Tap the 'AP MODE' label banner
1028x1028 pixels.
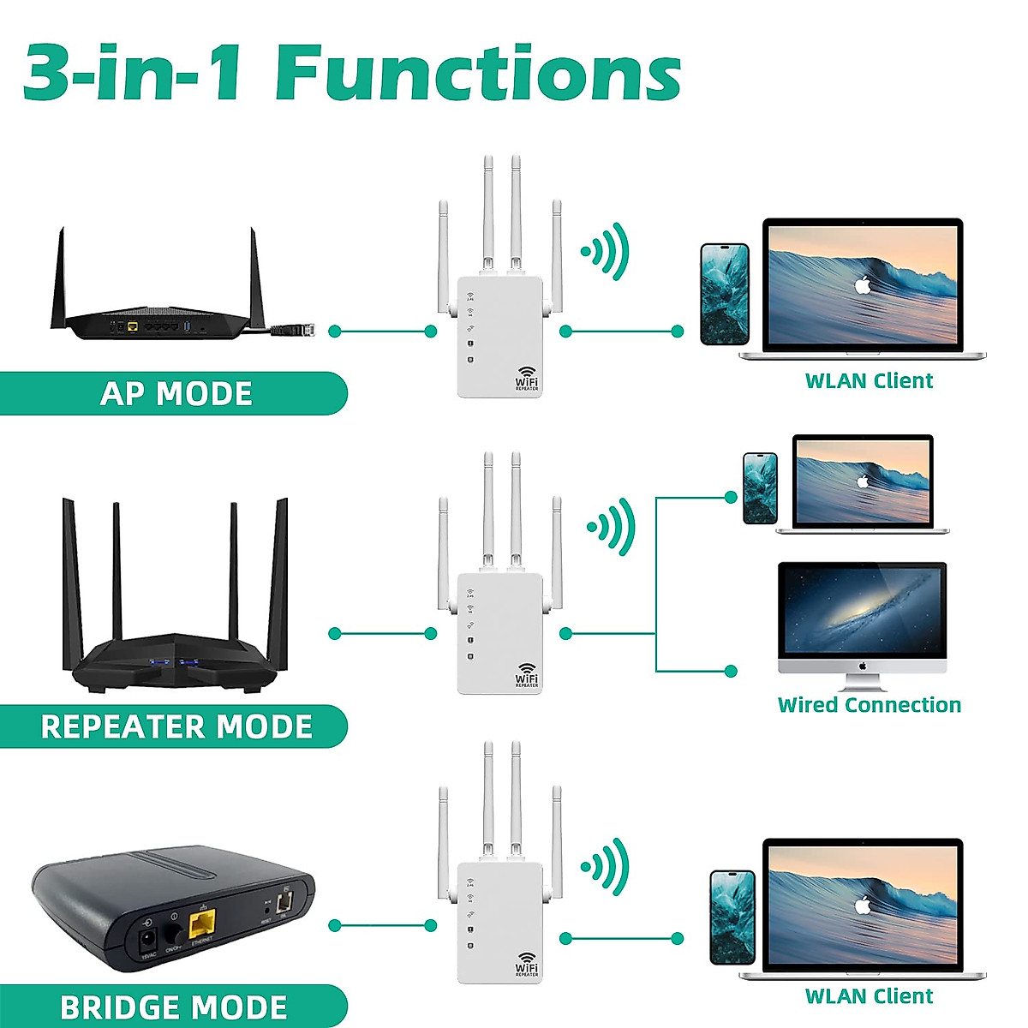176,393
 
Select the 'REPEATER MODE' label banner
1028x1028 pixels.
176,726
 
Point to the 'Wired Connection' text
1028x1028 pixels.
869,705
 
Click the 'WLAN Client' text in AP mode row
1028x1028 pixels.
869,381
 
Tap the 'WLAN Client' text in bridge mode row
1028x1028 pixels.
869,996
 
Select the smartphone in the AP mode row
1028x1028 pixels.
725,295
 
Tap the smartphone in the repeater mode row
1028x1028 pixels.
760,488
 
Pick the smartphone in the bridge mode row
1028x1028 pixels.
732,917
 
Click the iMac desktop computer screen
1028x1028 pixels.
862,610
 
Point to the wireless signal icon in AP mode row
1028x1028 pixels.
607,251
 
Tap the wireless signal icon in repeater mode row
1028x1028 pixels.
612,526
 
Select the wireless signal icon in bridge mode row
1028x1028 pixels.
607,866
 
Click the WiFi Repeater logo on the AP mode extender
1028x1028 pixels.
527,379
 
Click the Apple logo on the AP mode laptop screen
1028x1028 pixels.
863,284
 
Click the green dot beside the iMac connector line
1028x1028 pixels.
731,671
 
